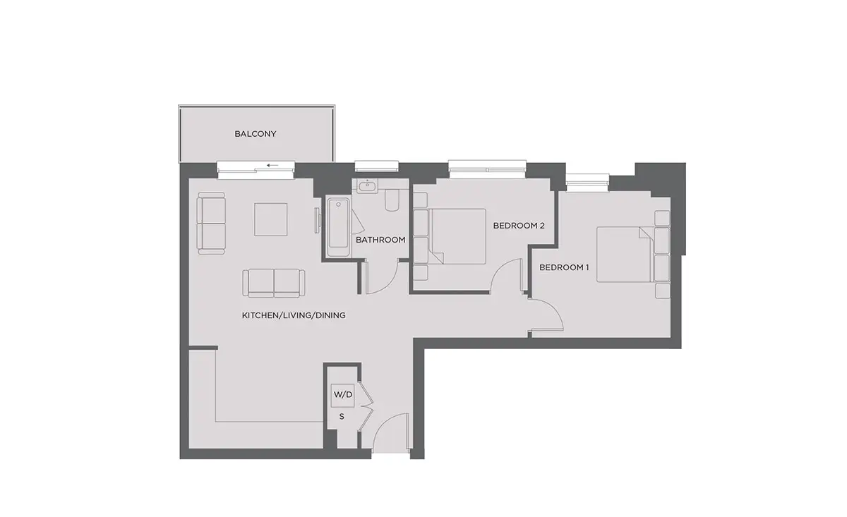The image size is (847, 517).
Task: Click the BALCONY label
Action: tap(256, 134)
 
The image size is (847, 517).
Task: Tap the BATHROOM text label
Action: tap(380, 240)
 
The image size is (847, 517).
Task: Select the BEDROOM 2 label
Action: tap(519, 226)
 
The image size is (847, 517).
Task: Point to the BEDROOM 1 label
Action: tap(564, 267)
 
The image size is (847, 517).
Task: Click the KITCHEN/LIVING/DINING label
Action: tap(294, 315)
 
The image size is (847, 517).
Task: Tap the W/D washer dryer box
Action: tap(342, 395)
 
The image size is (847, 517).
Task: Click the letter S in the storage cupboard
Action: tap(342, 416)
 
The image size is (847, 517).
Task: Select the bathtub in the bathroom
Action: tap(338, 228)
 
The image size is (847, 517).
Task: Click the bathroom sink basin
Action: tap(368, 186)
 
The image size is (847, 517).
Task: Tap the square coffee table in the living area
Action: tap(271, 219)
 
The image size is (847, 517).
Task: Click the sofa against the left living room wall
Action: tap(211, 223)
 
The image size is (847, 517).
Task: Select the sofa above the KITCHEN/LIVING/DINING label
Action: tap(274, 284)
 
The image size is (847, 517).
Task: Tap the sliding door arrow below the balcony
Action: tap(272, 166)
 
